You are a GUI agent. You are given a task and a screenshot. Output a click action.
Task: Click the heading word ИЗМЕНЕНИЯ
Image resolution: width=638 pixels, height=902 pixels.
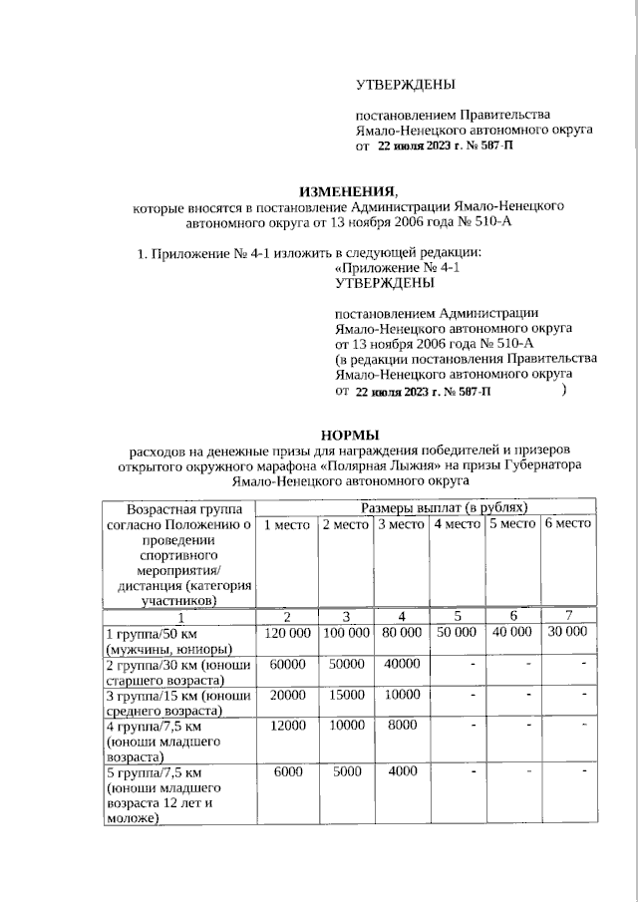coord(348,190)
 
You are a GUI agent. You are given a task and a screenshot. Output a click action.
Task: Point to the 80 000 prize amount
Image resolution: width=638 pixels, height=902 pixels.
coord(401,632)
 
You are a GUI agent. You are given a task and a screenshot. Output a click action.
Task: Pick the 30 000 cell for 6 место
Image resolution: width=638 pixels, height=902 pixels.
coord(567,632)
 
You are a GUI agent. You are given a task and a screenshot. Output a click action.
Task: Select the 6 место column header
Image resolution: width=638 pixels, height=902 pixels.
coord(567,524)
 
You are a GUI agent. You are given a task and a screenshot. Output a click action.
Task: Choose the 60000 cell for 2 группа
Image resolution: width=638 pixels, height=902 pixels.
coord(286,664)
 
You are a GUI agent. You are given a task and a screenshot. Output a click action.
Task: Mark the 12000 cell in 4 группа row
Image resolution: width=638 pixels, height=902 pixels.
coord(286,726)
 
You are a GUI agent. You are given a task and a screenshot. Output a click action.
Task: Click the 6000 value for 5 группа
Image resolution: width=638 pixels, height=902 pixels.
coord(286,772)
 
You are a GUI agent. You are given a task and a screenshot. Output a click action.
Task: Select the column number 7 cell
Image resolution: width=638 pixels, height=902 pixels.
coord(567,616)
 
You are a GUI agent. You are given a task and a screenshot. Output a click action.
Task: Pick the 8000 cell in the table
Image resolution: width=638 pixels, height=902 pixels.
coord(401,726)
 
